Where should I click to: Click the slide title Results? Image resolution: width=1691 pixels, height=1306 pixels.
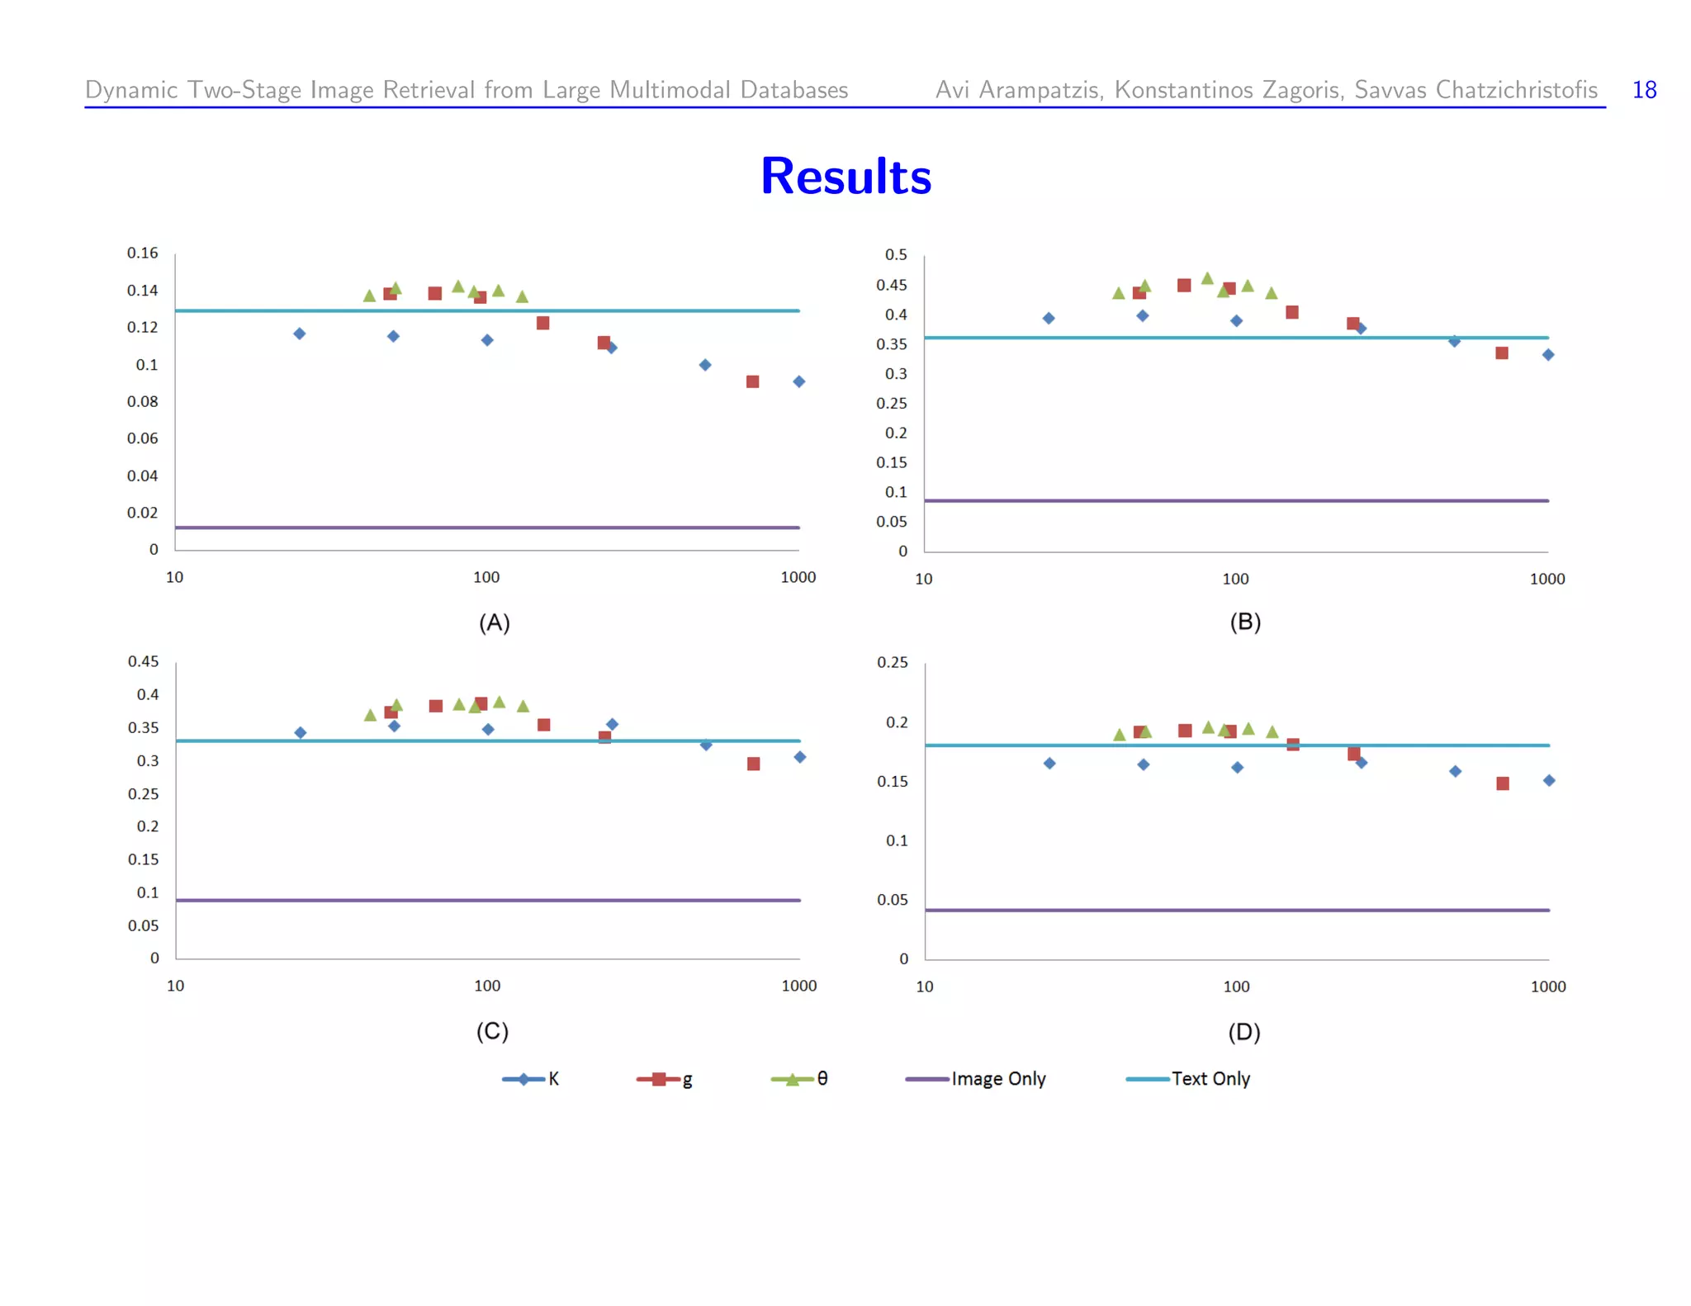[845, 176]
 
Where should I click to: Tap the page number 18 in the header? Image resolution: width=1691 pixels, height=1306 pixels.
[1644, 89]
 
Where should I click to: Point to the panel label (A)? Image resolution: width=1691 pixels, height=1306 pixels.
[494, 622]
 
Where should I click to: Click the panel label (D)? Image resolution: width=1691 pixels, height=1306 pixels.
[1243, 1032]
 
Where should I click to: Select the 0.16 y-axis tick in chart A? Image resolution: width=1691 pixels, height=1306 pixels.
[142, 253]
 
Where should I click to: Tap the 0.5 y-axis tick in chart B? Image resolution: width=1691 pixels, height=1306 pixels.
[895, 254]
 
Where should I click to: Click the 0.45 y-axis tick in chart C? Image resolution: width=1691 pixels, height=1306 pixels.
[143, 661]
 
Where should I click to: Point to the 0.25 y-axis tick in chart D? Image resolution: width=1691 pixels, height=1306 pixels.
[892, 662]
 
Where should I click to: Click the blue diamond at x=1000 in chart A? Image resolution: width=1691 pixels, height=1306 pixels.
[798, 381]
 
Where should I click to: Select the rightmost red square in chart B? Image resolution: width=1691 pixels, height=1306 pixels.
[1502, 353]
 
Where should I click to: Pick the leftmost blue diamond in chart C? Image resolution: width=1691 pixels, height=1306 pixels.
[300, 732]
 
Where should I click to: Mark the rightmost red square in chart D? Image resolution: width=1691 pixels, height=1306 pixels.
[1503, 783]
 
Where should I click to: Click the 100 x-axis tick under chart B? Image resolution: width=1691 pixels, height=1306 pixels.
[1235, 579]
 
